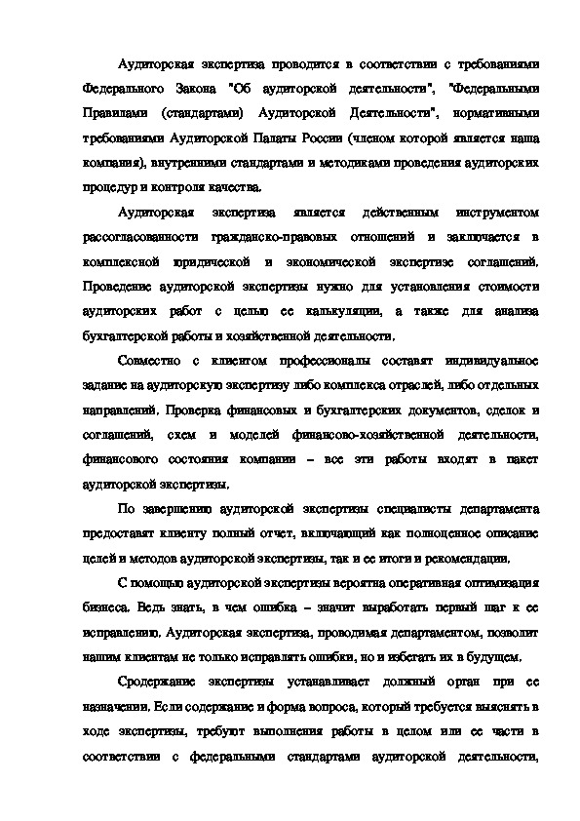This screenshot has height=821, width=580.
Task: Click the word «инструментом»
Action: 492,214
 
